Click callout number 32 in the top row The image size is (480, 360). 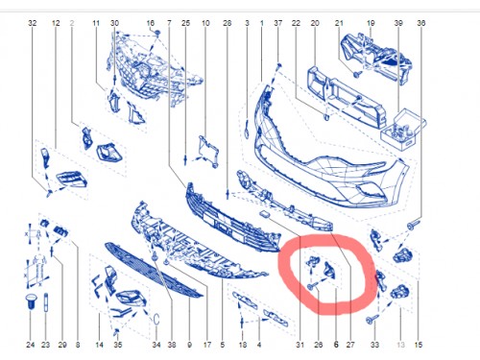33,23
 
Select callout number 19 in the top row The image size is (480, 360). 371,23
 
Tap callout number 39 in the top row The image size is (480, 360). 398,23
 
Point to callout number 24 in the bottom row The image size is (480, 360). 30,345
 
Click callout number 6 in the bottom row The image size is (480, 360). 336,345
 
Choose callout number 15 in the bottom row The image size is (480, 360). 419,345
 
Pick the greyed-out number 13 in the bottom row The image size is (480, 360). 400,345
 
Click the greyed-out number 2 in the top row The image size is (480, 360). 72,23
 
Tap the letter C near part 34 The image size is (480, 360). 156,320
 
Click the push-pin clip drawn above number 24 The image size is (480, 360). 30,301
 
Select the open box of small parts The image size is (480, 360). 402,129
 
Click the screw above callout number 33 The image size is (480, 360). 372,319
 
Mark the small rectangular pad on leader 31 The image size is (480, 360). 264,214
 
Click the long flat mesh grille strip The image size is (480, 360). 154,270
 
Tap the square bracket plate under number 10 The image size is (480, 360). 208,151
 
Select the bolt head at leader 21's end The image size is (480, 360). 357,75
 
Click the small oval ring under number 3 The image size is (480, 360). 247,132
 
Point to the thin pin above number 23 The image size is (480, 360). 46,302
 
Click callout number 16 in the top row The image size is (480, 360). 151,23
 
